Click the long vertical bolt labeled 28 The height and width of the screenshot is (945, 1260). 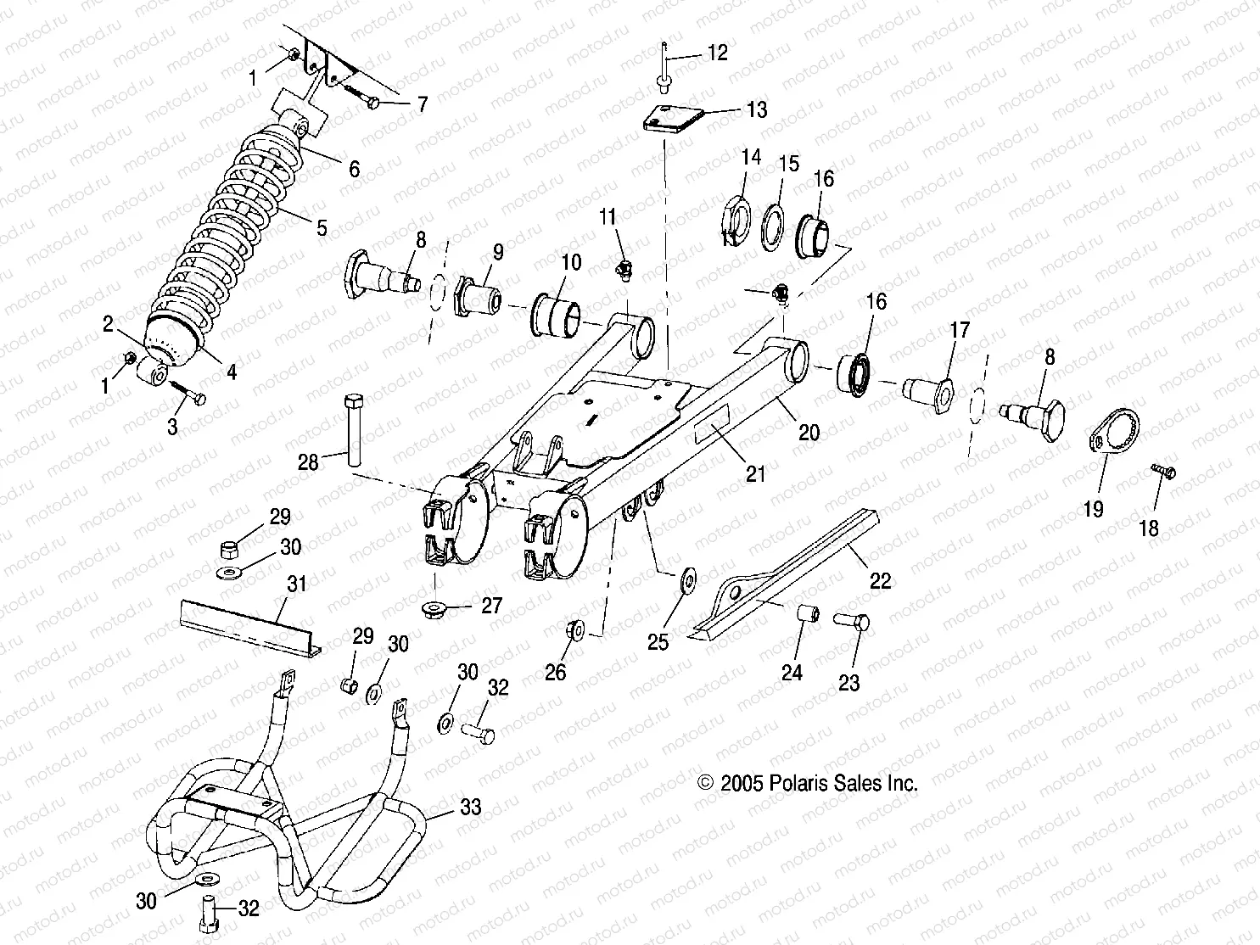coord(354,429)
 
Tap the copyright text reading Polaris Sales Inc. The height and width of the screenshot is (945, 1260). coord(807,783)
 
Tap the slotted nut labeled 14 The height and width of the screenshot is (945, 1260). coord(733,223)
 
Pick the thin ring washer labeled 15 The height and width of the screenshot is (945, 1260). coord(773,226)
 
